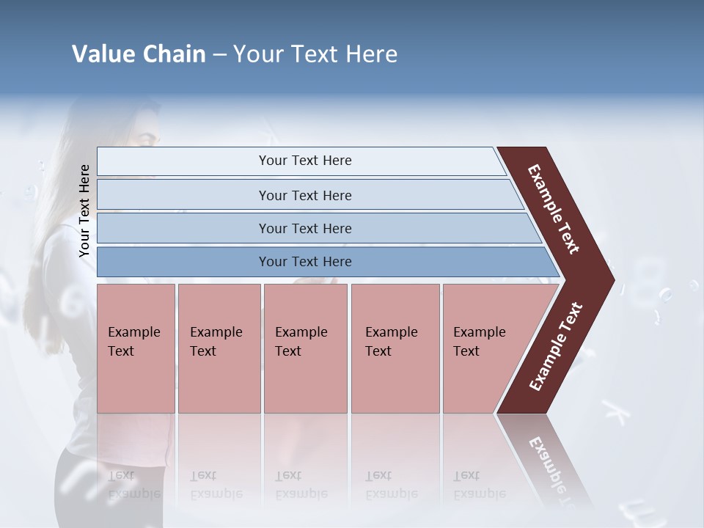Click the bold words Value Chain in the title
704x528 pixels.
(139, 54)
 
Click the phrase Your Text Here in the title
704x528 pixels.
(315, 54)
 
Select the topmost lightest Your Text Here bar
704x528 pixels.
(304, 161)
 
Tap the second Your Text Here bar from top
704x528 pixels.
(304, 195)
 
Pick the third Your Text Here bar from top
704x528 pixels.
(304, 228)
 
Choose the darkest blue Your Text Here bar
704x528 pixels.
(304, 262)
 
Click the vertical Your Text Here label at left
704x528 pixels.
(84, 211)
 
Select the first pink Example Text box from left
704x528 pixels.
(136, 348)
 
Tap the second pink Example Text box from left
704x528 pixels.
(219, 348)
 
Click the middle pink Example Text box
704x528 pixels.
(305, 348)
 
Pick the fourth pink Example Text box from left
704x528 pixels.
(395, 348)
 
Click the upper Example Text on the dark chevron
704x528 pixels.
(554, 209)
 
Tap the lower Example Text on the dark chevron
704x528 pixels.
(556, 347)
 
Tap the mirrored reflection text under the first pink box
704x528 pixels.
(133, 485)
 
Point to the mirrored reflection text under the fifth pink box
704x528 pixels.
(479, 485)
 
